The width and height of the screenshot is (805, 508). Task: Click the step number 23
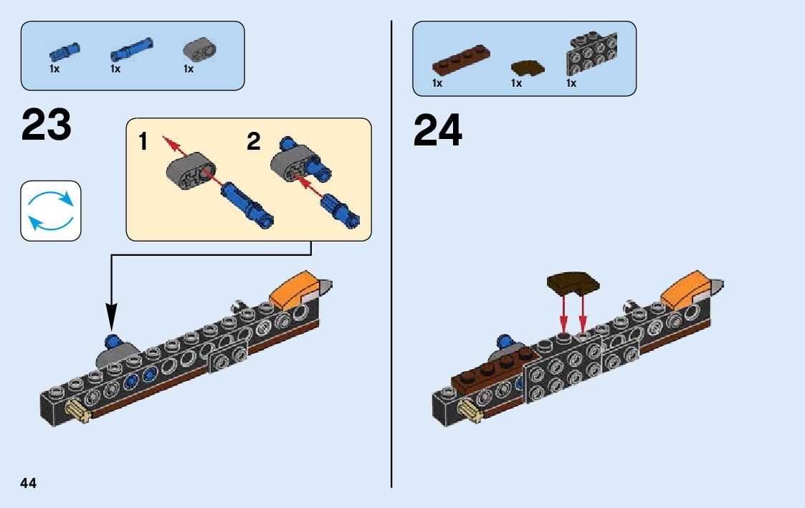pyautogui.click(x=46, y=125)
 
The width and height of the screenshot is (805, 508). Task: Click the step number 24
pyautogui.click(x=438, y=130)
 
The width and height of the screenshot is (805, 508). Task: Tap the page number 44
pyautogui.click(x=28, y=483)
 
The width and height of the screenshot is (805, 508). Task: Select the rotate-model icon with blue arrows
pyautogui.click(x=51, y=211)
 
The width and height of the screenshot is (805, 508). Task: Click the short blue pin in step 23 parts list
pyautogui.click(x=65, y=51)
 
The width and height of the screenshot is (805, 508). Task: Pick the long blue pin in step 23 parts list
pyautogui.click(x=131, y=49)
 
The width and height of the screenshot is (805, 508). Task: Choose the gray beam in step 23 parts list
pyautogui.click(x=200, y=49)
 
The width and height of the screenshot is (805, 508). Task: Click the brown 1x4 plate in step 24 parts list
pyautogui.click(x=461, y=60)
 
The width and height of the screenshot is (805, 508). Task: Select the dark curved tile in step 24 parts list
pyautogui.click(x=528, y=68)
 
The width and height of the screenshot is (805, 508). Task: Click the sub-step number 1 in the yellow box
pyautogui.click(x=143, y=141)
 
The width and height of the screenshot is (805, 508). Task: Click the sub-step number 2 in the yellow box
pyautogui.click(x=254, y=141)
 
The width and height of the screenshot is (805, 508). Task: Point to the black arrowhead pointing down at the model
pyautogui.click(x=111, y=317)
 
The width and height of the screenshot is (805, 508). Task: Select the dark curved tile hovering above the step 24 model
pyautogui.click(x=573, y=283)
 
